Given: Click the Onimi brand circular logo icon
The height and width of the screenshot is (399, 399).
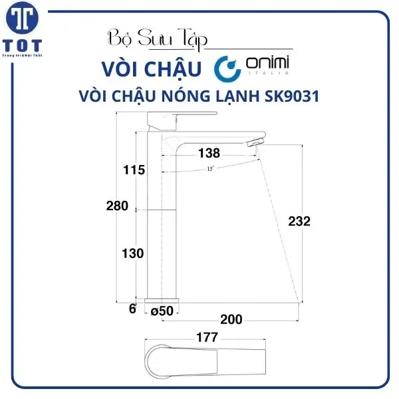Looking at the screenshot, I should (227, 68).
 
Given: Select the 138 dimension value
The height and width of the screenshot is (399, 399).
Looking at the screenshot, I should (209, 154).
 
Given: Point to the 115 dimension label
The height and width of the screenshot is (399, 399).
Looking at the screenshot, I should (134, 170).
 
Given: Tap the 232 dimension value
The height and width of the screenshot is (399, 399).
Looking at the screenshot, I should (300, 221).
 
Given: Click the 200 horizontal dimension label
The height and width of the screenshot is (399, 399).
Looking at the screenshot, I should (231, 320).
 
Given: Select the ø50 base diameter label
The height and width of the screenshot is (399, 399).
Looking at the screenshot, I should (162, 310).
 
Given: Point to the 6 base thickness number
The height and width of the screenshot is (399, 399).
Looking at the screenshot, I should (132, 309).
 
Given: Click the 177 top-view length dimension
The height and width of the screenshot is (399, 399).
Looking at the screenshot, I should (207, 338).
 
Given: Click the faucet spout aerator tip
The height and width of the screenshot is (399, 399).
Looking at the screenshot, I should (255, 143).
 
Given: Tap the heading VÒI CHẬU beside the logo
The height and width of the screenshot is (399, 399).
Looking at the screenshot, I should (152, 68).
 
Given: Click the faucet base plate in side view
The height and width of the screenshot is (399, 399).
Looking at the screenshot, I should (160, 301).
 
